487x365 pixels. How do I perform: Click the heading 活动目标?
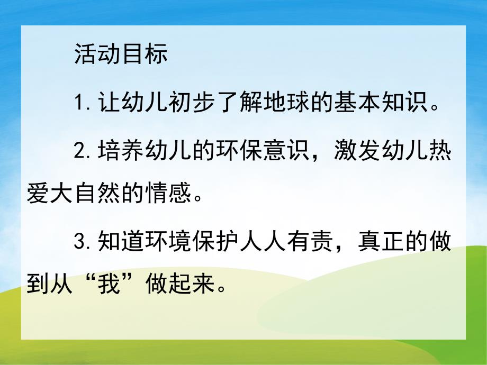coord(121,55)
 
